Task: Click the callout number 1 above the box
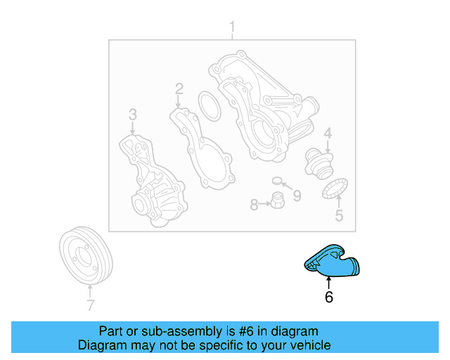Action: (x=231, y=28)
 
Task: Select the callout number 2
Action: (x=179, y=89)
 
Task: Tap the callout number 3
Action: (x=131, y=114)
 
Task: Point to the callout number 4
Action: (x=327, y=134)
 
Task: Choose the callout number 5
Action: (x=339, y=216)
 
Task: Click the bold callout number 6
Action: (x=328, y=297)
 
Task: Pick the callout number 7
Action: (x=90, y=305)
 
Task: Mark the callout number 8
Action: (x=254, y=205)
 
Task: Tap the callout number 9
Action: (x=297, y=196)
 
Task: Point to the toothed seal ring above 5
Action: (x=335, y=190)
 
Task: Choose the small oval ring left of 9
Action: (x=277, y=181)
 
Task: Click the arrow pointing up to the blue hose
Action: (x=328, y=281)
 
